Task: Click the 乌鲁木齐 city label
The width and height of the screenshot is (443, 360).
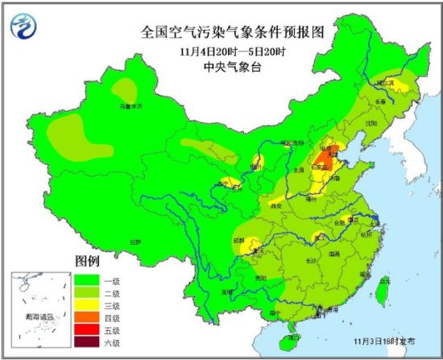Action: tap(130, 106)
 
